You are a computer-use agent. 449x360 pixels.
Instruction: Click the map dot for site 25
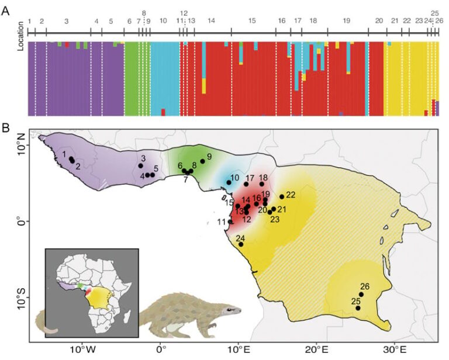[x=358, y=308]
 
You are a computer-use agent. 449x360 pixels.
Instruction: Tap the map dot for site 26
[x=361, y=295]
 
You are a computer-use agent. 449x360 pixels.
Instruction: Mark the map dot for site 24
[x=241, y=244]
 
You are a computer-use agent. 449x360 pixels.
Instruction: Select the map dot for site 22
[x=282, y=197]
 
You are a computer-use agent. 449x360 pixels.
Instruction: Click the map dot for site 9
[x=202, y=161]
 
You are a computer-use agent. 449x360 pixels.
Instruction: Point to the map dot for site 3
[x=140, y=166]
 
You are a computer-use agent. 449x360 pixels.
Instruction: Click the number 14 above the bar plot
[x=211, y=20]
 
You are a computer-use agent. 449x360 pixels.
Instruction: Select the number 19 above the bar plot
[x=347, y=20]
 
